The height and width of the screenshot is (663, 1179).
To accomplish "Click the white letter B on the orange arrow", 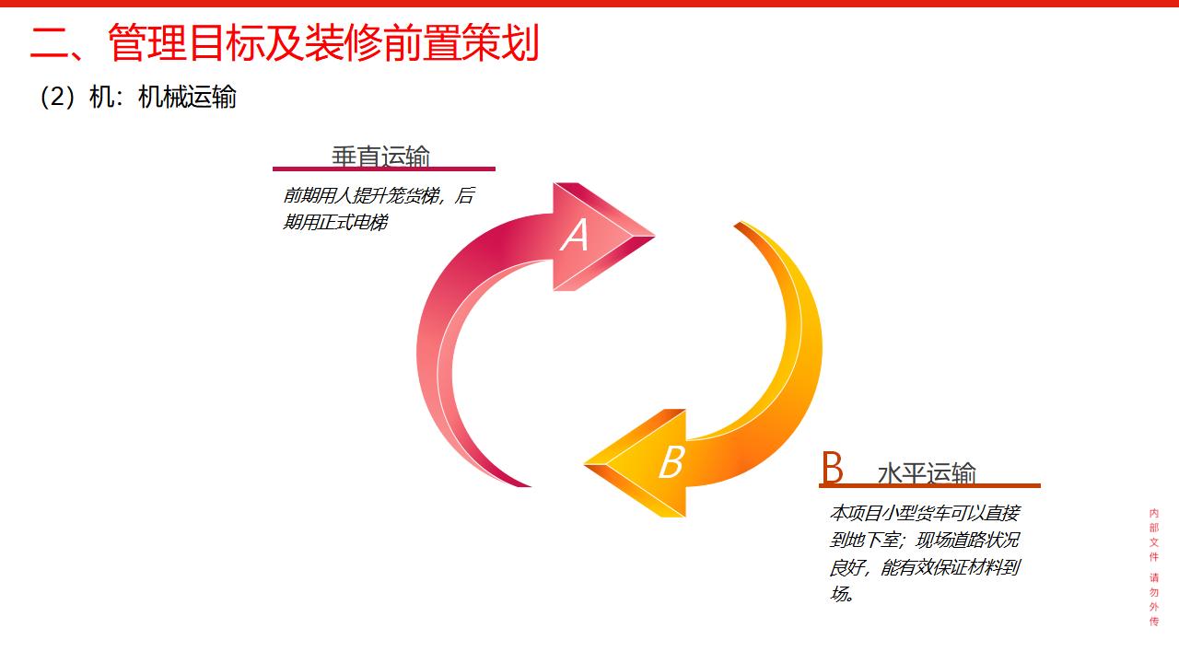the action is pyautogui.click(x=672, y=461).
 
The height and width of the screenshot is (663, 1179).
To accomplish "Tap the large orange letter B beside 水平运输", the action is pyautogui.click(x=833, y=467).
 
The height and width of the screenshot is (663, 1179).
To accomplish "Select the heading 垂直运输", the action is pyautogui.click(x=380, y=157).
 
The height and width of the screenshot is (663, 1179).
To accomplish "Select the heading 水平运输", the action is pyautogui.click(x=927, y=472).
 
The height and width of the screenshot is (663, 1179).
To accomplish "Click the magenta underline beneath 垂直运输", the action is pyautogui.click(x=384, y=169).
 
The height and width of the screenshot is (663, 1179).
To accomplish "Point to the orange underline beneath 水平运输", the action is pyautogui.click(x=929, y=485).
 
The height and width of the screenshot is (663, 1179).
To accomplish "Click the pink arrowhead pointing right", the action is pyautogui.click(x=603, y=237).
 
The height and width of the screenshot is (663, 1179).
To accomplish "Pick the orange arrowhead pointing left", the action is pyautogui.click(x=636, y=463).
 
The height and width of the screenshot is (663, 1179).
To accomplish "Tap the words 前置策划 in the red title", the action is pyautogui.click(x=461, y=42).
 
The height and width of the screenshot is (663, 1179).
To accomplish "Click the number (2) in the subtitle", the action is pyautogui.click(x=57, y=97).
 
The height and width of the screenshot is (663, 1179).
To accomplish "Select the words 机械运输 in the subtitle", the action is pyautogui.click(x=187, y=97).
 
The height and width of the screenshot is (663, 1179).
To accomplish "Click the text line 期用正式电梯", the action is pyautogui.click(x=335, y=222).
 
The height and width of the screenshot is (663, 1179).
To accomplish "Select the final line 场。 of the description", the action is pyautogui.click(x=842, y=594).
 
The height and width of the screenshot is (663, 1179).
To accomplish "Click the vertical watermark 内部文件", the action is pyautogui.click(x=1154, y=535).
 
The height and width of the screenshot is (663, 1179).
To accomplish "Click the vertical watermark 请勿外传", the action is pyautogui.click(x=1154, y=599).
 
